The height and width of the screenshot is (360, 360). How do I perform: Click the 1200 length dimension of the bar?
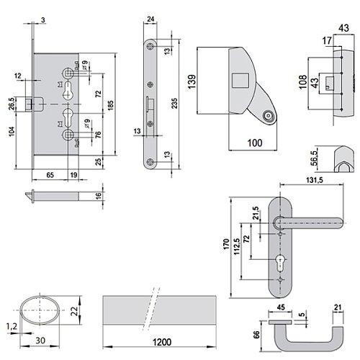tap(162, 342)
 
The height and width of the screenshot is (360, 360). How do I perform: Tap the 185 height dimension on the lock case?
tap(111, 105)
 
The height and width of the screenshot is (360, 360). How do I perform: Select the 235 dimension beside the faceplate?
tap(175, 103)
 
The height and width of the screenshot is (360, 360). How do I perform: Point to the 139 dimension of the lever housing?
tap(192, 82)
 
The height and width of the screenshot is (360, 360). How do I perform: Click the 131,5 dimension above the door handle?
tap(315, 180)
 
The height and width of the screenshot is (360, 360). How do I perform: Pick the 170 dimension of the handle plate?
tap(226, 244)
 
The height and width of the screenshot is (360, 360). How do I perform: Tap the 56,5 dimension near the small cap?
tap(314, 158)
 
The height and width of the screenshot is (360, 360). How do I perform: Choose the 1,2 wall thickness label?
tap(12, 326)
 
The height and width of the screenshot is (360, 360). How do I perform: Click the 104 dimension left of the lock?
tap(12, 132)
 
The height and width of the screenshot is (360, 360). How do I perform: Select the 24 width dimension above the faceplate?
tap(150, 19)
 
